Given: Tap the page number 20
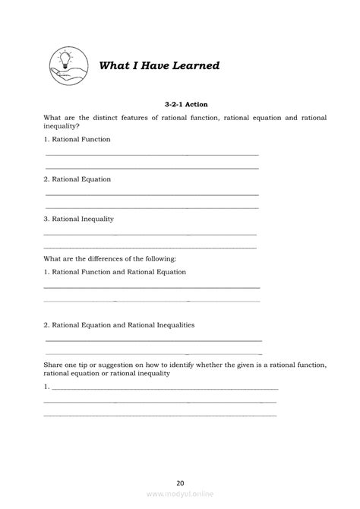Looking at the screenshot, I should pos(179,482).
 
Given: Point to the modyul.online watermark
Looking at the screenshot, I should pos(179,494).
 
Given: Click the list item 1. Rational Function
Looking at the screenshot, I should pos(77,139).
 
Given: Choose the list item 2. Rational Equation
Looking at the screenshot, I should pos(77,179).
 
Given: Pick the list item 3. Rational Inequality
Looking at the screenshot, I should pos(78,219).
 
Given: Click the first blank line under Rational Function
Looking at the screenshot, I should pos(152,154).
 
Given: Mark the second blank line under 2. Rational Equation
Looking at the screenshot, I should pos(152,207).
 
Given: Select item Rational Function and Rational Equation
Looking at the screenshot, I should pos(115,271).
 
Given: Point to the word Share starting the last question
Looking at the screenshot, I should pos(54,365).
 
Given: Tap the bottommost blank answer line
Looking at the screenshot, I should pos(159,415).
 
